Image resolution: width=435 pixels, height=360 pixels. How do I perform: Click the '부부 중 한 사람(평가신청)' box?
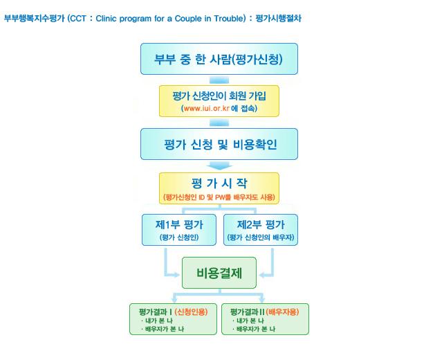pyautogui.click(x=219, y=59)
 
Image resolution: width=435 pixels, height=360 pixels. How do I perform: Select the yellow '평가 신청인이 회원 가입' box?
pyautogui.click(x=219, y=101)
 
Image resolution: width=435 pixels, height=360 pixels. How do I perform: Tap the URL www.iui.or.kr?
pyautogui.click(x=207, y=108)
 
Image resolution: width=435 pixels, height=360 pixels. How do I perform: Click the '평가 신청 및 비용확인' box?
pyautogui.click(x=219, y=144)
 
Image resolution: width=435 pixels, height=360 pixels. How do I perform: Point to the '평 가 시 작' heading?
pyautogui.click(x=219, y=183)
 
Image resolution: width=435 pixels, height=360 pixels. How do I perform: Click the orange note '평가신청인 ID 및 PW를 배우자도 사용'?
pyautogui.click(x=219, y=197)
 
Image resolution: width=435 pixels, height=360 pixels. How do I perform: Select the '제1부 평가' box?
pyautogui.click(x=179, y=230)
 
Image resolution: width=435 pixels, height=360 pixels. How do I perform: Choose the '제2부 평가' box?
pyautogui.click(x=261, y=230)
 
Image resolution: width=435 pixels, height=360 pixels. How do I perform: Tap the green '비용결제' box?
pyautogui.click(x=219, y=273)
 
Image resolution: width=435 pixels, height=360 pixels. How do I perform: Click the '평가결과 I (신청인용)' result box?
pyautogui.click(x=174, y=319)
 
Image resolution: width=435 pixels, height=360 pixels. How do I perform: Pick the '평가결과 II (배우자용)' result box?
pyautogui.click(x=265, y=319)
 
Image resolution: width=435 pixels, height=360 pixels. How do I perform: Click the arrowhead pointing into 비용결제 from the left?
pyautogui.click(x=177, y=275)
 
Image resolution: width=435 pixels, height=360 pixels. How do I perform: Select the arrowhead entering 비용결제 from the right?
pyautogui.click(x=262, y=275)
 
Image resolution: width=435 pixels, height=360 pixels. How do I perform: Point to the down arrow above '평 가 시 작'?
pyautogui.click(x=220, y=165)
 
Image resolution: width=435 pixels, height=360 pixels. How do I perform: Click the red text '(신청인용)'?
pyautogui.click(x=191, y=312)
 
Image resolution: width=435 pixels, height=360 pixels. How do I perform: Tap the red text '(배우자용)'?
pyautogui.click(x=282, y=312)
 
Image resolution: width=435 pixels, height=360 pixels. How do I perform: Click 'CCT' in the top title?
pyautogui.click(x=78, y=19)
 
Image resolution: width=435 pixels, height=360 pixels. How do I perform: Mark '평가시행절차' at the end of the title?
pyautogui.click(x=278, y=19)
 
